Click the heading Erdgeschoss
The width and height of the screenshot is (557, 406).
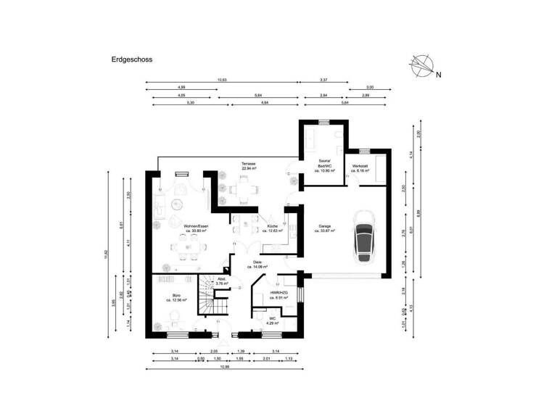click(x=131, y=62)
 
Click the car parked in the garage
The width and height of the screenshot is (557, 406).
click(x=365, y=236)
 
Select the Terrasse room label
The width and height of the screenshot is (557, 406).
click(x=248, y=164)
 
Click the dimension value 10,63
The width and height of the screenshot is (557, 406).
click(x=222, y=80)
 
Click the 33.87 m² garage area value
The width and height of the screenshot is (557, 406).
click(x=323, y=232)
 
